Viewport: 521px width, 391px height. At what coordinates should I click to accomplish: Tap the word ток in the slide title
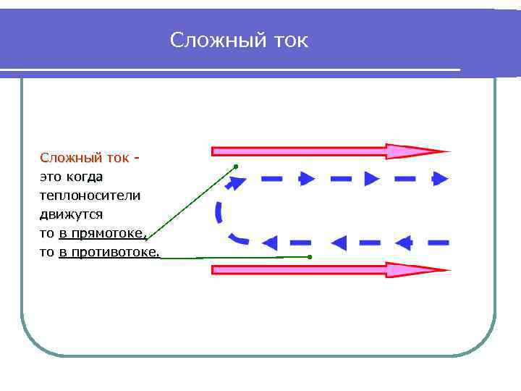pyautogui.click(x=289, y=41)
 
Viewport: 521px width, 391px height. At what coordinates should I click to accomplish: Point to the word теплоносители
pyautogui.click(x=90, y=195)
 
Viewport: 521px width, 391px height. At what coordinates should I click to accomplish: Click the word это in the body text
pyautogui.click(x=51, y=176)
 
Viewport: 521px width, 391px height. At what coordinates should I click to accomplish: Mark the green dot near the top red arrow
pyautogui.click(x=236, y=167)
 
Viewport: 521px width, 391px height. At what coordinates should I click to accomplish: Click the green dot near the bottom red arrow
pyautogui.click(x=309, y=257)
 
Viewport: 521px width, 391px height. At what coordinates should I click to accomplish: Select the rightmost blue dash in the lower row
pyautogui.click(x=438, y=242)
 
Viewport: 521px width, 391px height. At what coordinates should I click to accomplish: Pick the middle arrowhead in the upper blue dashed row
pyautogui.click(x=371, y=178)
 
